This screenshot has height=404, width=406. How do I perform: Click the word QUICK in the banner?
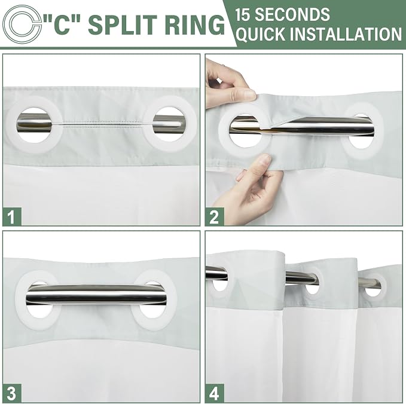[260, 34]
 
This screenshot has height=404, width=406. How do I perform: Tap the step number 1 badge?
[12, 216]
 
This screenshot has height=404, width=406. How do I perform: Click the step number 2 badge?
[215, 216]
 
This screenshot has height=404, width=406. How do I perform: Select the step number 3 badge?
[12, 393]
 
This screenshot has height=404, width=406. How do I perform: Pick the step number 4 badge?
[215, 393]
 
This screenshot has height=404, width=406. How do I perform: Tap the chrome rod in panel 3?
[96, 295]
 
